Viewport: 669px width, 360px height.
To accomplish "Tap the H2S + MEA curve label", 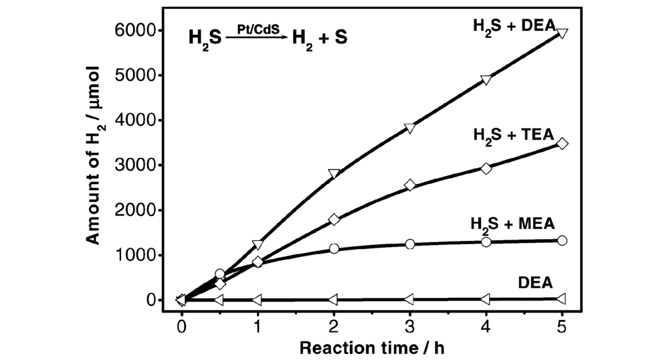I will [513, 223].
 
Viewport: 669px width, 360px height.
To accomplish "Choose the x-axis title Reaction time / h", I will [371, 348].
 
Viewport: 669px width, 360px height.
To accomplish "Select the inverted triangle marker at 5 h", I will [562, 33].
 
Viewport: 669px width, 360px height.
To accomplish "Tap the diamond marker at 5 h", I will [562, 144].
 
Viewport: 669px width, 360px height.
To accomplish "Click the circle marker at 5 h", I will [562, 240].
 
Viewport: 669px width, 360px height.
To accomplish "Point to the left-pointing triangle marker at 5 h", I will [562, 298].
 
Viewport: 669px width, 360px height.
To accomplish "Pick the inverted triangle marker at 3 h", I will [410, 128].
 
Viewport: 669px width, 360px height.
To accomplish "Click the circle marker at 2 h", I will [334, 248].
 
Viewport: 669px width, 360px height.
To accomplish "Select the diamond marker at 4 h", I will [486, 169].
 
